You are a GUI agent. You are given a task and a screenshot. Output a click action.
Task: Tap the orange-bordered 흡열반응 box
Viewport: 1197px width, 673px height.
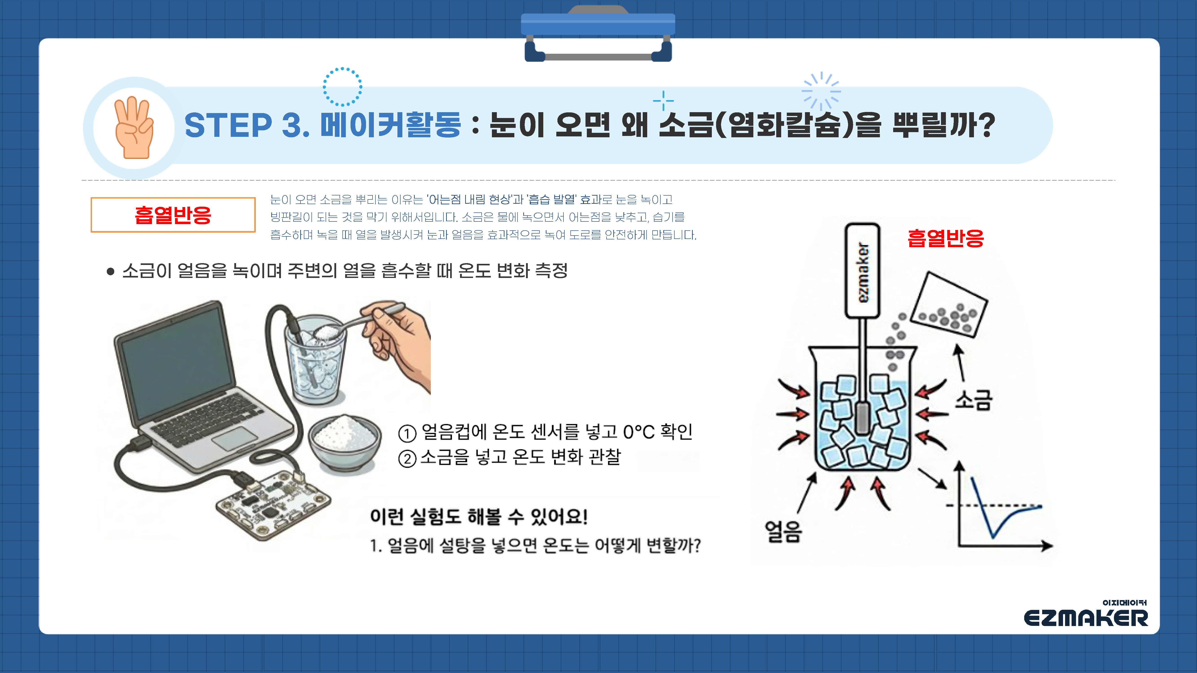click(173, 215)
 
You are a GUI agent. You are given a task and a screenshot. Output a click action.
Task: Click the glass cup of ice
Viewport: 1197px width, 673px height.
click(316, 367)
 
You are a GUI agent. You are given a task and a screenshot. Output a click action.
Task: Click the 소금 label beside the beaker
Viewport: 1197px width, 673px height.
click(973, 400)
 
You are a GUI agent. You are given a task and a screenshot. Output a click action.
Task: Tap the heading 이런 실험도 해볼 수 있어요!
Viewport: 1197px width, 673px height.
click(479, 516)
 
